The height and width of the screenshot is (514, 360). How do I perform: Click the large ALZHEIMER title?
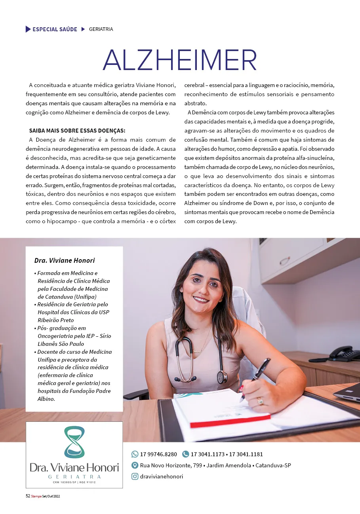(x=180, y=60)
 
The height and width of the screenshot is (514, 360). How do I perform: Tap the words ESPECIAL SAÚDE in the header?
(x=55, y=29)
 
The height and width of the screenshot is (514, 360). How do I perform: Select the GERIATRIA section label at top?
(x=101, y=29)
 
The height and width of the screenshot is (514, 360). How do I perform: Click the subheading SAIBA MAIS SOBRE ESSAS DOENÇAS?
(x=77, y=131)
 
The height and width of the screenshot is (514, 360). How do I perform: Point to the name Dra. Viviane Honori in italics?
(x=65, y=260)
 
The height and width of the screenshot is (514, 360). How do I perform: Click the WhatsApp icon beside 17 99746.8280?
(x=135, y=454)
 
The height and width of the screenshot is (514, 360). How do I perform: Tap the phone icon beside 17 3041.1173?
(x=185, y=454)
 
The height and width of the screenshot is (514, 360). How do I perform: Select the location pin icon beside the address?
(x=135, y=465)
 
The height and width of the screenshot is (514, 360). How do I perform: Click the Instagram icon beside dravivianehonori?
(x=135, y=476)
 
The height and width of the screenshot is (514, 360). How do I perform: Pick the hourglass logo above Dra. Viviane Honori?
(x=74, y=442)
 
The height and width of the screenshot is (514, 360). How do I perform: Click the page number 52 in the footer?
(x=28, y=496)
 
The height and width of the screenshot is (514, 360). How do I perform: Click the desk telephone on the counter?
(x=343, y=353)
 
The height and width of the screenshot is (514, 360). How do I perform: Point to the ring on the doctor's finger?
(x=260, y=401)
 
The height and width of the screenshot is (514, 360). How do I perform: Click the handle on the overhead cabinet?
(x=284, y=261)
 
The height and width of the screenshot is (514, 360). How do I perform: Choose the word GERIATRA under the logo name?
(x=74, y=477)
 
